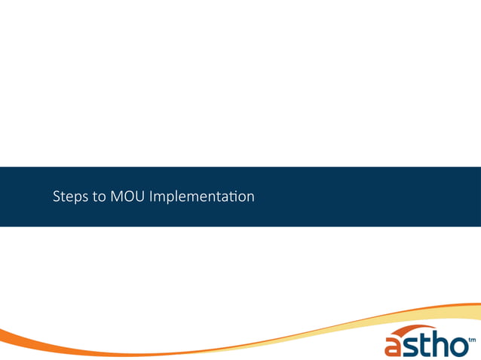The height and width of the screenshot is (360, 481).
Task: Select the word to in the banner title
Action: (x=100, y=197)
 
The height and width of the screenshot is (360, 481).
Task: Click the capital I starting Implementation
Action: (x=153, y=197)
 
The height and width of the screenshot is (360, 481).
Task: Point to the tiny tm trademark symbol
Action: (x=472, y=340)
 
